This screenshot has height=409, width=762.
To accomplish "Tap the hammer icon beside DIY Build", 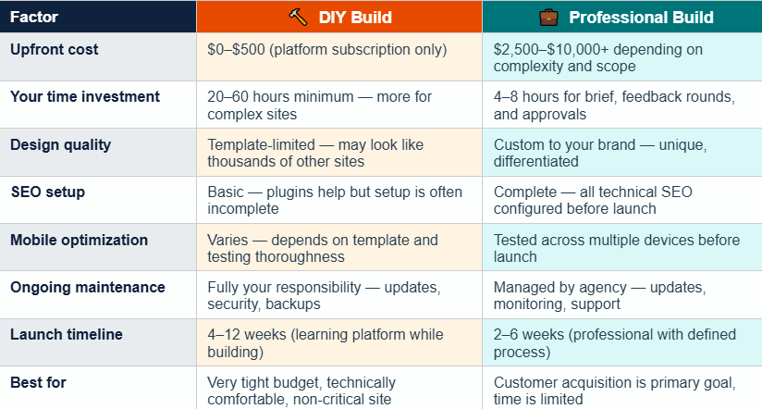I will pyautogui.click(x=298, y=17).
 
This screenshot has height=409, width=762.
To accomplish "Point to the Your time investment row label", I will pyautogui.click(x=85, y=96).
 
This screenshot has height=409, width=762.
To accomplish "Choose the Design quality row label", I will pyautogui.click(x=60, y=143).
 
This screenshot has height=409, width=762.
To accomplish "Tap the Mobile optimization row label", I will pyautogui.click(x=79, y=240).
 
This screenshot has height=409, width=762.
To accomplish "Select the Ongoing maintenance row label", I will pyautogui.click(x=88, y=287).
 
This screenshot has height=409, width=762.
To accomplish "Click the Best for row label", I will pyautogui.click(x=38, y=382).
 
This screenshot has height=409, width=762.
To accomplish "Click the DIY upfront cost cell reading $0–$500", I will pyautogui.click(x=327, y=49).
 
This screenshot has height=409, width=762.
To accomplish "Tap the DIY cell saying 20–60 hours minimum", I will pyautogui.click(x=314, y=105).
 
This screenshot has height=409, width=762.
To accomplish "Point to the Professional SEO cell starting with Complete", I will pyautogui.click(x=593, y=201).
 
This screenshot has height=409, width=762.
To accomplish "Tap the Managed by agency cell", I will pyautogui.click(x=599, y=295).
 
